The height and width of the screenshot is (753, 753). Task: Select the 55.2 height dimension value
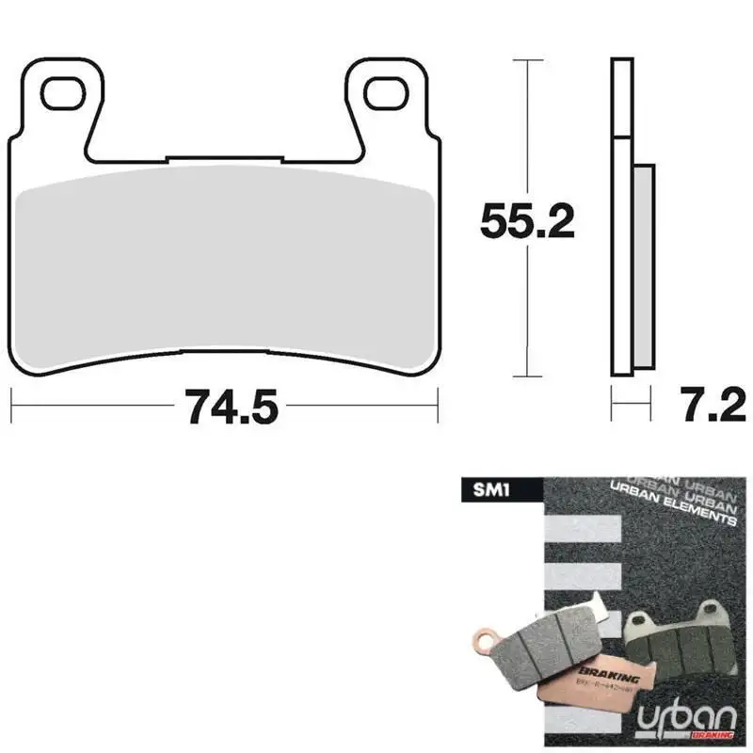click(527, 222)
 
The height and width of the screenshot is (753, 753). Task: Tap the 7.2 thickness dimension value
click(711, 407)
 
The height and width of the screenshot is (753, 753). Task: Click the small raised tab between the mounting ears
click(223, 158)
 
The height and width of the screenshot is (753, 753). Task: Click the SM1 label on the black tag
click(483, 489)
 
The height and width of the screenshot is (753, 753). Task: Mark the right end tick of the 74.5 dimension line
click(438, 408)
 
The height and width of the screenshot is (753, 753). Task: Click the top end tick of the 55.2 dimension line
click(527, 60)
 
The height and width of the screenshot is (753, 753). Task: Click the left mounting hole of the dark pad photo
click(642, 621)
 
